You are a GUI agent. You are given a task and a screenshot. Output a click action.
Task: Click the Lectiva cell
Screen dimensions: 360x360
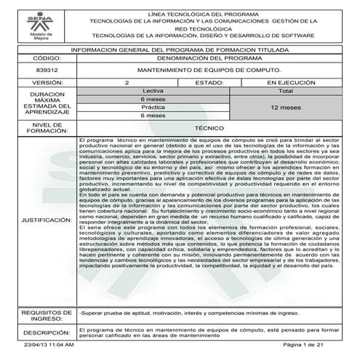point(153,91)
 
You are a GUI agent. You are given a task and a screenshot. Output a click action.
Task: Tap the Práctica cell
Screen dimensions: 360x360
point(153,107)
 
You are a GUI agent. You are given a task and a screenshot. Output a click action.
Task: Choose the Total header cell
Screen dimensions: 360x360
point(286,91)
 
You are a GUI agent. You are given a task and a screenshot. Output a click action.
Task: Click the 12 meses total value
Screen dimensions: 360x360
point(286,107)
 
